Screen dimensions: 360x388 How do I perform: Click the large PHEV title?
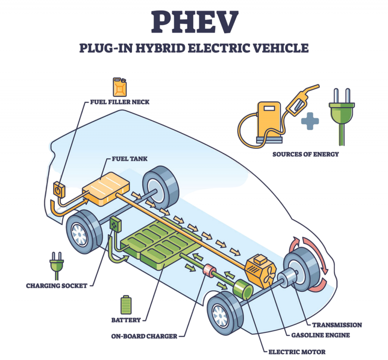(194, 22)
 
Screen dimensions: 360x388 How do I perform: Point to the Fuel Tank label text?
(128, 159)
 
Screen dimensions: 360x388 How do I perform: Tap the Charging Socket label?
(56, 285)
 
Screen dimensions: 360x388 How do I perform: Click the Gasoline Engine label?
(320, 335)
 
